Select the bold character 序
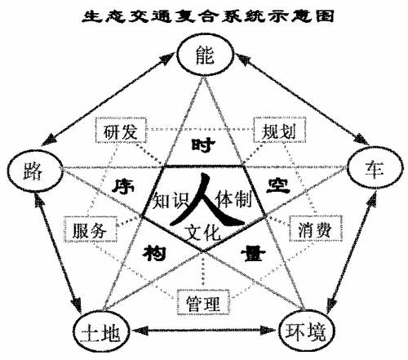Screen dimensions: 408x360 click(123, 186)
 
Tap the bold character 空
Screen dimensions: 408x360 click(277, 185)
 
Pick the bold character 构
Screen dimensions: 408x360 click(154, 252)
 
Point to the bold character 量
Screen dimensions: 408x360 click(253, 254)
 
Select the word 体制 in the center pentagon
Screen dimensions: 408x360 click(233, 200)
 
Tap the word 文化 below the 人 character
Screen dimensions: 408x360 click(202, 233)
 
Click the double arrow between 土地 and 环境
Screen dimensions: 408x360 click(204, 331)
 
